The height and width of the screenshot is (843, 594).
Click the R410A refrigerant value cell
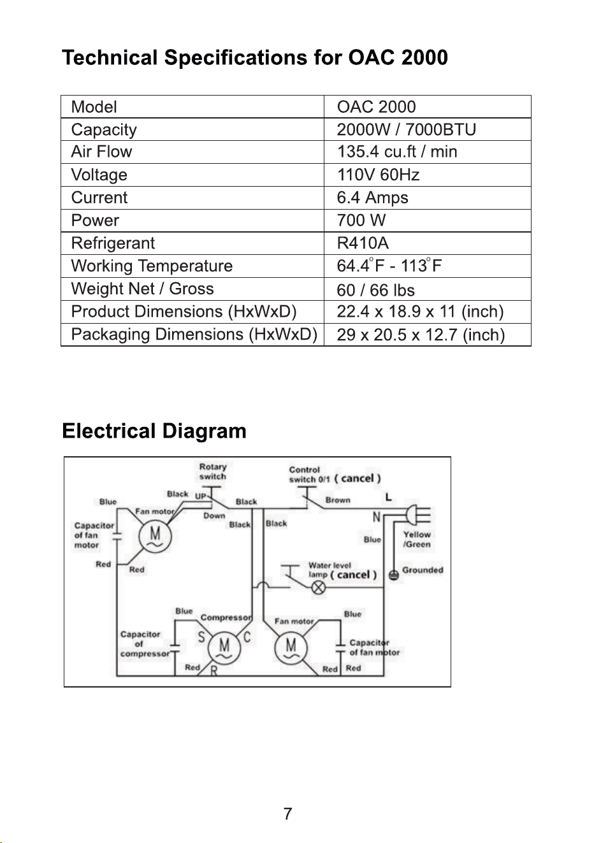(x=363, y=243)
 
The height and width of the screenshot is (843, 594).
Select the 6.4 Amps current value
(x=372, y=198)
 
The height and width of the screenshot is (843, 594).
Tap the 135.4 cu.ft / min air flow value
(x=397, y=152)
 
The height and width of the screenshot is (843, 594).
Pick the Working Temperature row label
(x=152, y=266)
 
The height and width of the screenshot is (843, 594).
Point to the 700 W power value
(x=361, y=220)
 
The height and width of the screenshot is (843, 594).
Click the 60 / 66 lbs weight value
(x=375, y=290)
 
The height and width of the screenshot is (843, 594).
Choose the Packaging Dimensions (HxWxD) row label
(x=194, y=335)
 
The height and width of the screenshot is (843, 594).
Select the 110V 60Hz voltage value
(x=378, y=175)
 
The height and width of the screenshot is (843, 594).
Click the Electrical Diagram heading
(x=154, y=431)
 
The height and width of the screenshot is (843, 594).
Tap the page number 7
(x=287, y=814)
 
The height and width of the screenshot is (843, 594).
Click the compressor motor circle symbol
(x=224, y=647)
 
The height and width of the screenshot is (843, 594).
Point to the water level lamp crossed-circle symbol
(x=319, y=587)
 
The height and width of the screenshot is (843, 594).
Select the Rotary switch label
(x=213, y=472)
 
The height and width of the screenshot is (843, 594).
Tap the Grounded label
(x=423, y=570)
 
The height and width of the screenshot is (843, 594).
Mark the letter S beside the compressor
(x=201, y=637)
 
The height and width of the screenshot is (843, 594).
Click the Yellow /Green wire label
(x=417, y=540)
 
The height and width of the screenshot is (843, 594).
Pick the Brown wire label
(x=338, y=500)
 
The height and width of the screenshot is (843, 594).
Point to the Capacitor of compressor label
(x=145, y=644)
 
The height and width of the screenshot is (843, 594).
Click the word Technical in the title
(x=110, y=58)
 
